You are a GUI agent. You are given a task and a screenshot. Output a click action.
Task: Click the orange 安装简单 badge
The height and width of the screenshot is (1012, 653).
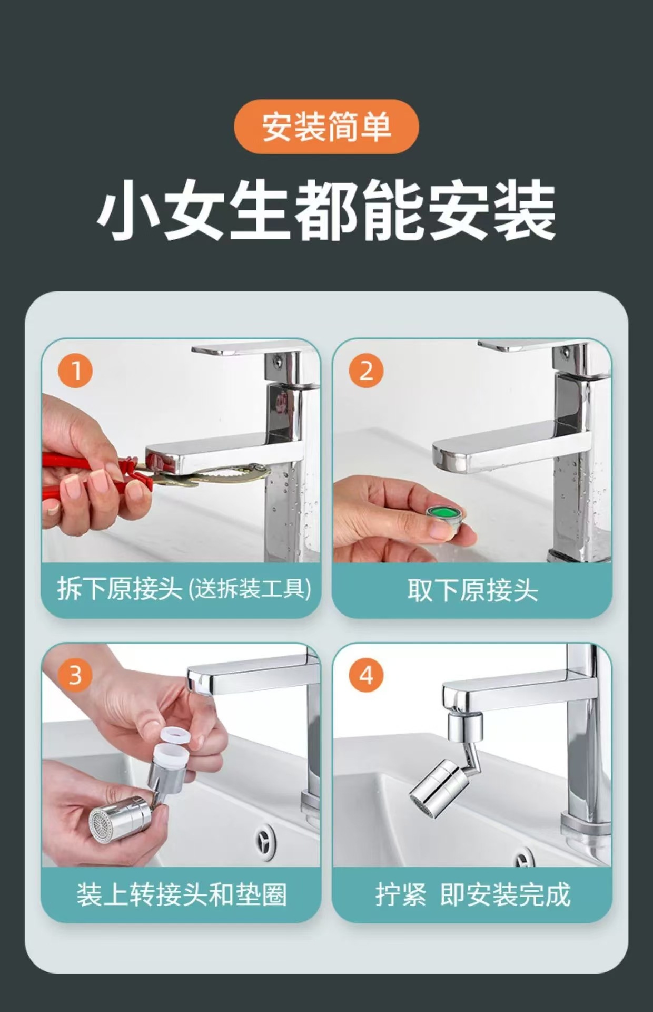(326, 126)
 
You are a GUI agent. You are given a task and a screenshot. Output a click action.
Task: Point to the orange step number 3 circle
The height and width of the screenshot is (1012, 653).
(75, 675)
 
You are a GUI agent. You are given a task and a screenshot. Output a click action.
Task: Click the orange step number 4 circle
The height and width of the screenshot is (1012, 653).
(366, 675)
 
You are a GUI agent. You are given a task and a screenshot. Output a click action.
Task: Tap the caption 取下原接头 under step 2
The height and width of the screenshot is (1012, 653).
(472, 590)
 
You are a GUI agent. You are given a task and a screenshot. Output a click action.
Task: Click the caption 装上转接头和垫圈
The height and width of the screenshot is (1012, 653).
(182, 894)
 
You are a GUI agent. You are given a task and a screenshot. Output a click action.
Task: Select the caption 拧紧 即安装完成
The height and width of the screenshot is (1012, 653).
(472, 894)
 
